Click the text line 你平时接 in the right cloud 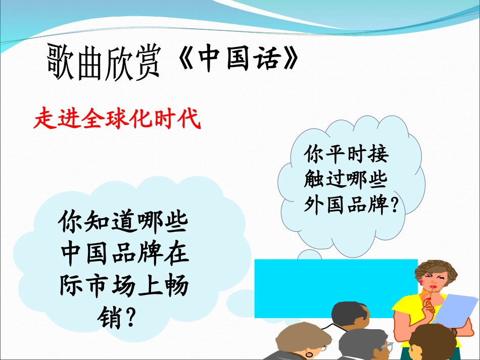click(x=346, y=155)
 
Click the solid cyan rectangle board click(x=333, y=283)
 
